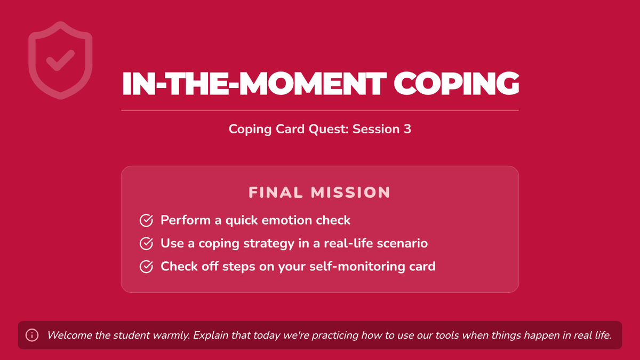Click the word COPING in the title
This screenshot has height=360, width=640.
coord(457,83)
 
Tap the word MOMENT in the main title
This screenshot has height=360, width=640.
coord(313,83)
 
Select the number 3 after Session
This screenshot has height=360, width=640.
coord(407,129)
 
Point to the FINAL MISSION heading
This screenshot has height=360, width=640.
coord(319,193)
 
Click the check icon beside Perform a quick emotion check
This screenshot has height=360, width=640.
coord(146,220)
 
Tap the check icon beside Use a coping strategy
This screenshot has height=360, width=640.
coord(146,243)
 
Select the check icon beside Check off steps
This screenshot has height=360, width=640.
coord(146,267)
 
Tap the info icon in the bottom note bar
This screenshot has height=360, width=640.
coord(32,335)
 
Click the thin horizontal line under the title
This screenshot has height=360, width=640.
coord(320,110)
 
